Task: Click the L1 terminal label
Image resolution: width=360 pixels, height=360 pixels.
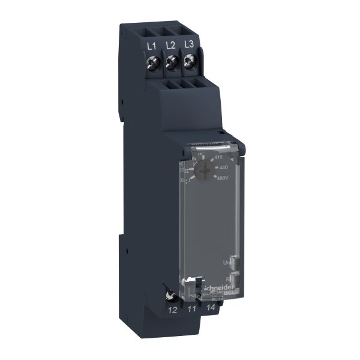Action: (152, 46)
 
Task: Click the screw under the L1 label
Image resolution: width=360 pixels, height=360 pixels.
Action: (152, 62)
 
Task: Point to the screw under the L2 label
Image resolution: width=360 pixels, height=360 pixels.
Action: (171, 61)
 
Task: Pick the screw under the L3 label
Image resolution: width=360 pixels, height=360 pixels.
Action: (190, 59)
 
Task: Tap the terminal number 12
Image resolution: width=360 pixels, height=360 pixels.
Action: (172, 310)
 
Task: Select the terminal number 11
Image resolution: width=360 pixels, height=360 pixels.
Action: (191, 310)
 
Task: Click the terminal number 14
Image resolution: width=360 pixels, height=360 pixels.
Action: (210, 308)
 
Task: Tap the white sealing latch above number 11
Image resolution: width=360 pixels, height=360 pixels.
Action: (191, 283)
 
